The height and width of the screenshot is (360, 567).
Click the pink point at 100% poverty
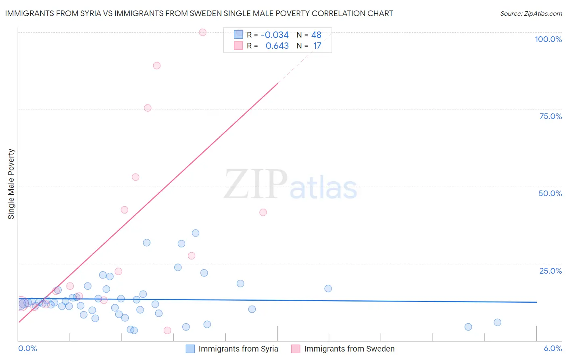[202, 32]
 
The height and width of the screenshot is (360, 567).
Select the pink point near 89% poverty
[157, 65]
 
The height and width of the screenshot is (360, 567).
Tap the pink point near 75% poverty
[148, 108]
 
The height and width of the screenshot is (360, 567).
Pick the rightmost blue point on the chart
[497, 322]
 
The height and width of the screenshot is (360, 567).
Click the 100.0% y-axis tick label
[548, 39]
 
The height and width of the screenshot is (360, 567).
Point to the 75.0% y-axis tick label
[550, 116]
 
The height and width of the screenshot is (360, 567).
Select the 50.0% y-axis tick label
[550, 193]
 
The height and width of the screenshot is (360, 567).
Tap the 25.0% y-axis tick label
[550, 271]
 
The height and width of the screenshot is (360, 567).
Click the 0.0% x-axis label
[27, 348]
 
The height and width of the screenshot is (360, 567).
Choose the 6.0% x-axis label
[553, 348]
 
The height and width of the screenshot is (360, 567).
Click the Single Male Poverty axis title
[11, 184]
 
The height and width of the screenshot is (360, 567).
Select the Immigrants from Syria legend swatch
[190, 349]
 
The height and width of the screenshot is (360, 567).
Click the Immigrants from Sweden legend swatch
[296, 349]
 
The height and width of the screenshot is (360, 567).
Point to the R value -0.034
[275, 35]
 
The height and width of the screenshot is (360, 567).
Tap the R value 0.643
[277, 46]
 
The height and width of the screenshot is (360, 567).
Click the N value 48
[316, 35]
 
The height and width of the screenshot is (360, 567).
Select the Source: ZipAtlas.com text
[531, 13]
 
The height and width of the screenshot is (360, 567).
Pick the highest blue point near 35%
[196, 233]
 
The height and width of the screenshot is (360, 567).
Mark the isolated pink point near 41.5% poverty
[263, 212]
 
